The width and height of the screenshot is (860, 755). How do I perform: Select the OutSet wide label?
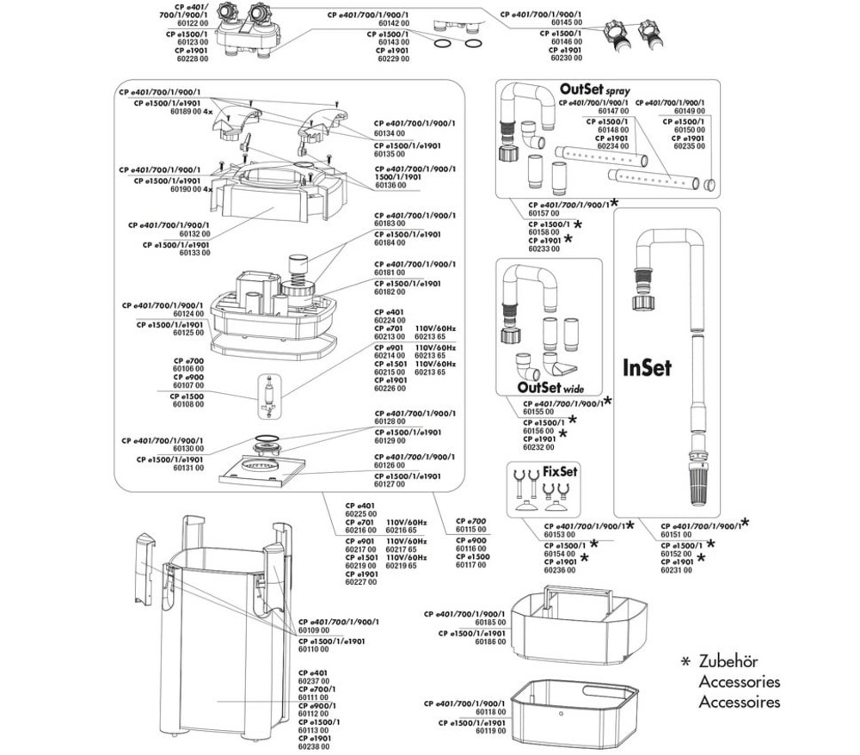pyautogui.click(x=543, y=385)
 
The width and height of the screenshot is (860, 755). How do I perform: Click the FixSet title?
pyautogui.click(x=559, y=473)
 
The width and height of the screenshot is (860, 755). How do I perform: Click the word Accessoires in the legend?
pyautogui.click(x=740, y=702)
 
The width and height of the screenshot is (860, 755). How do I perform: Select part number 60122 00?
pyautogui.click(x=187, y=23)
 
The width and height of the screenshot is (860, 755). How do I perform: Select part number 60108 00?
pyautogui.click(x=187, y=404)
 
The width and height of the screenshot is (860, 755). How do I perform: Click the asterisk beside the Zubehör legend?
pyautogui.click(x=685, y=663)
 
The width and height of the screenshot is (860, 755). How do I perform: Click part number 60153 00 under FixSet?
pyautogui.click(x=560, y=534)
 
